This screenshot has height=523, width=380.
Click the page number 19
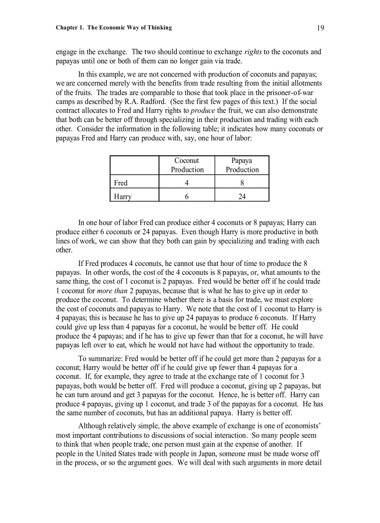(320, 27)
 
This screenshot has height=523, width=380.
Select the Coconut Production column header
(187, 165)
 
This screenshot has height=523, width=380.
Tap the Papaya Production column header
(242, 165)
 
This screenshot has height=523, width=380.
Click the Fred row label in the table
(121, 183)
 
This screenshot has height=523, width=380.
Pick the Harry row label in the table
(122, 197)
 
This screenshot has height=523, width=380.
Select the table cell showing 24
(242, 197)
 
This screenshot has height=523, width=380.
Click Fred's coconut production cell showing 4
(187, 183)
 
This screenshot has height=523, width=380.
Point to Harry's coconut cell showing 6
(187, 197)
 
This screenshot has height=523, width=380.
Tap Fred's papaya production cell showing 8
(242, 183)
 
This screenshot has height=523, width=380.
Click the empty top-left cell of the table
(135, 165)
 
